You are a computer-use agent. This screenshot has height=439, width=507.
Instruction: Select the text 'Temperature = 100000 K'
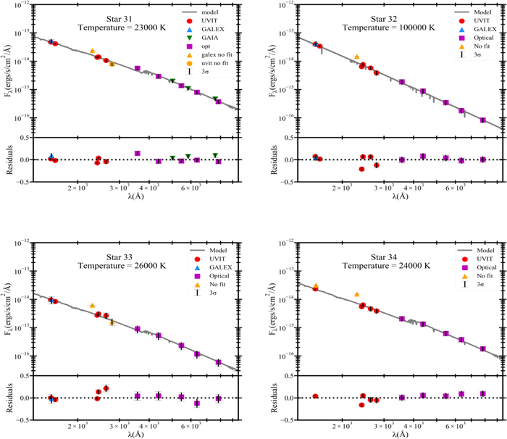398,28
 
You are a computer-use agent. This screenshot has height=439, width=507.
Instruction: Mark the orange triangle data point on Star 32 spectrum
356,57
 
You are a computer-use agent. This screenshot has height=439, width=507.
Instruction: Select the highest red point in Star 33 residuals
106,388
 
